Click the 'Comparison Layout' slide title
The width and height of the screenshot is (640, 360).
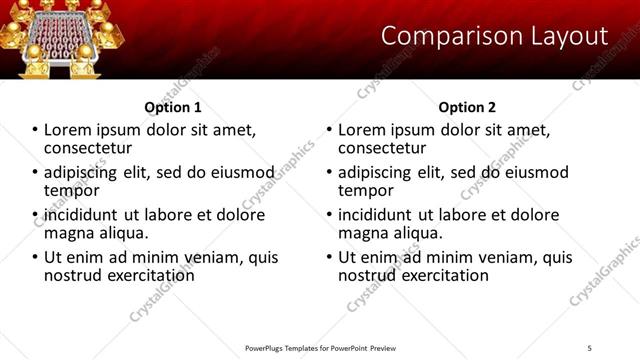click(x=494, y=36)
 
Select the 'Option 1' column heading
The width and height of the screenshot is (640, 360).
click(x=173, y=107)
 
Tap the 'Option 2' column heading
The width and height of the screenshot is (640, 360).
click(x=467, y=107)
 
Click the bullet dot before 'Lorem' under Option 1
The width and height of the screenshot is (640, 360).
click(x=35, y=130)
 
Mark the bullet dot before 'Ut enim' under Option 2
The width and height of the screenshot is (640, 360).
click(x=329, y=257)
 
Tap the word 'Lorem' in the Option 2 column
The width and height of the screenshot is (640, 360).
click(x=364, y=130)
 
